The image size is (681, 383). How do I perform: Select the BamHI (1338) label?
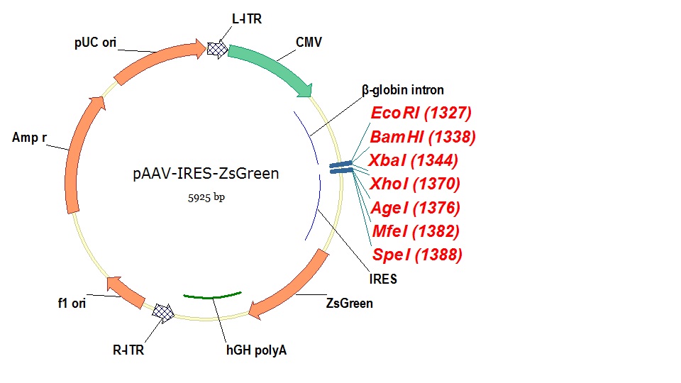pos(423,136)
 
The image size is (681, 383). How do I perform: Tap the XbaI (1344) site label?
pos(414,160)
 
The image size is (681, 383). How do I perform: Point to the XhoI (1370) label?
pos(415,184)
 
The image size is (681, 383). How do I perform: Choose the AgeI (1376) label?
pos(415,207)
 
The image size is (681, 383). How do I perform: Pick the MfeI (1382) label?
pos(415,231)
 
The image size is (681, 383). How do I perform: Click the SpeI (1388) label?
pos(416,254)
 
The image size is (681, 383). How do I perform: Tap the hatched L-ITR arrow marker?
pos(217,48)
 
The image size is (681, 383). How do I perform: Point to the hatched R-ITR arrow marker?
pos(165,312)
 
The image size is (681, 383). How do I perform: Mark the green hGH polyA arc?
pos(213,296)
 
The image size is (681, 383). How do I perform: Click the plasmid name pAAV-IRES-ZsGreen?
pos(206,173)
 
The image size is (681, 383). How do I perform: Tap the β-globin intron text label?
pos(403,90)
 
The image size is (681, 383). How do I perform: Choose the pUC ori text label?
pos(95,43)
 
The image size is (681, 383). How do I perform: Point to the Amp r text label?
pos(29,138)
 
